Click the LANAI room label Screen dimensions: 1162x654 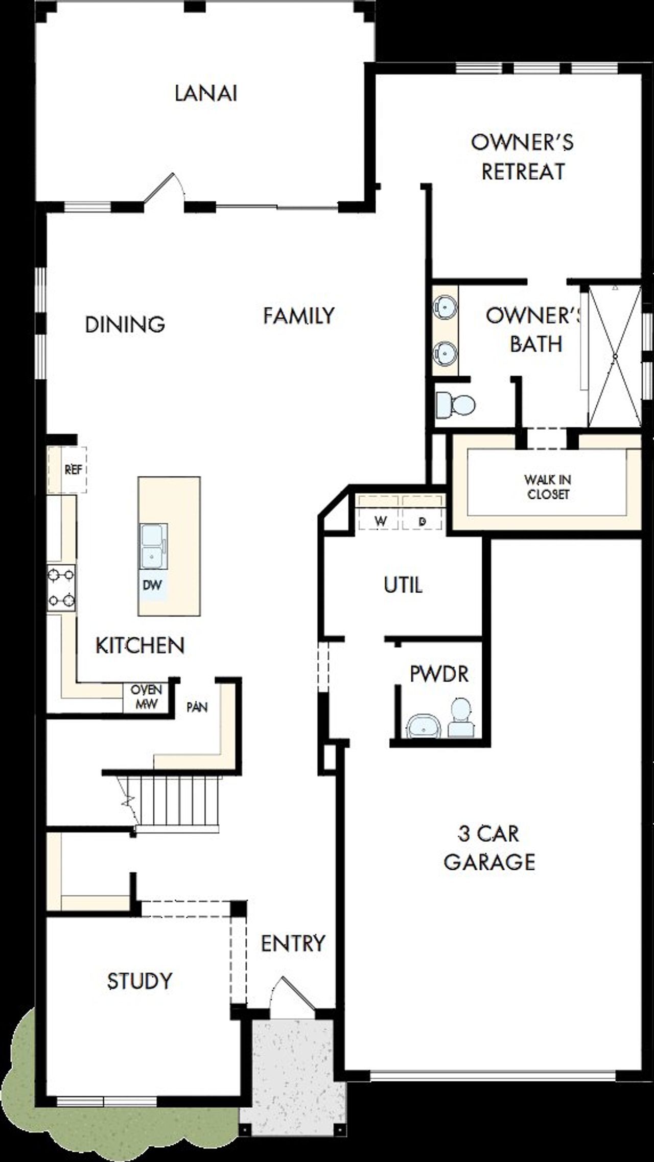206,94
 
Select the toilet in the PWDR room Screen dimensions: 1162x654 461,717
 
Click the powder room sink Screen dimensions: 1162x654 424,726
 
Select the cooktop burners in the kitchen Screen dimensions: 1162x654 61,588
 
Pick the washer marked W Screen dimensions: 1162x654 380,521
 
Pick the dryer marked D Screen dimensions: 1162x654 422,521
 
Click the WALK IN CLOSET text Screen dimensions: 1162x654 547,487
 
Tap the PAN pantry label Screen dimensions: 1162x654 197,707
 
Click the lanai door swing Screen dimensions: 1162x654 166,189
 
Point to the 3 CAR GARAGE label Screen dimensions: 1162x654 489,848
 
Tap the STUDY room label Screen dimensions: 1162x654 139,981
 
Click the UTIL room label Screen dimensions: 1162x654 403,585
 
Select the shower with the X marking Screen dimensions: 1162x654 615,356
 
